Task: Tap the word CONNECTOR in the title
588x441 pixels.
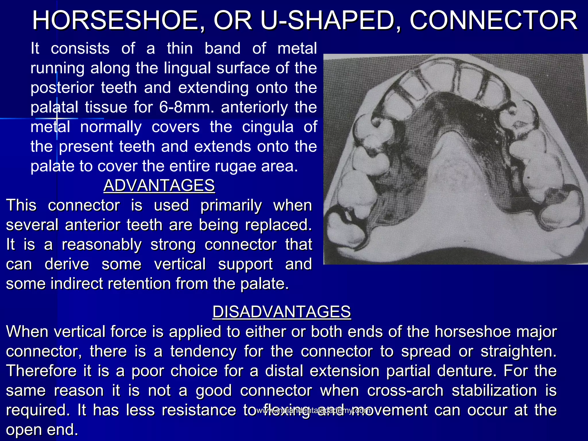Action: point(493,20)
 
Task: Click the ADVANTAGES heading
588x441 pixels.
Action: point(159,185)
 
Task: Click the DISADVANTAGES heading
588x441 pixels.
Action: point(281,312)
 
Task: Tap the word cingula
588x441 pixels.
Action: point(268,127)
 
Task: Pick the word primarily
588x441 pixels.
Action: point(231,206)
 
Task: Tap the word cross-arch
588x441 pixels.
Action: point(405,390)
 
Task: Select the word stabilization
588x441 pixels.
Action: point(494,390)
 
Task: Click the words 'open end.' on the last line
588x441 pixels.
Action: point(42,430)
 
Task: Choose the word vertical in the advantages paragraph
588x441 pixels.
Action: point(180,264)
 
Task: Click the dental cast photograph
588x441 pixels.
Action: point(455,159)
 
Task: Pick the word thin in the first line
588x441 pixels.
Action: point(180,48)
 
